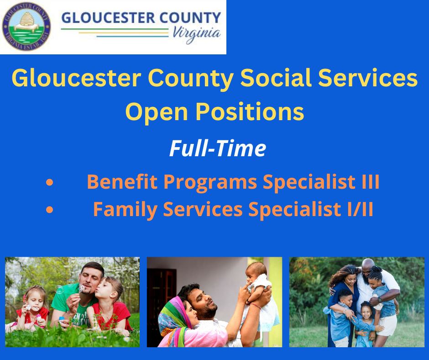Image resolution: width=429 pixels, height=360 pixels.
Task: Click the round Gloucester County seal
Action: point(26,26)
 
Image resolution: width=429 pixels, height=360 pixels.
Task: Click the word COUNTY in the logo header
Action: point(190,18)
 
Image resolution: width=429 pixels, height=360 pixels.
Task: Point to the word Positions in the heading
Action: point(250,112)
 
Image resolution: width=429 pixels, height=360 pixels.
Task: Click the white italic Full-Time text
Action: point(218,148)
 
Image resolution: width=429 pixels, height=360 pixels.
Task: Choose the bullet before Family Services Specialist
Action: point(50,210)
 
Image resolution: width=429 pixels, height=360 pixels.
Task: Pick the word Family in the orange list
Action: point(125,210)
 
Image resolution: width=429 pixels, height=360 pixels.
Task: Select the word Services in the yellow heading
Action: point(368,78)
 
